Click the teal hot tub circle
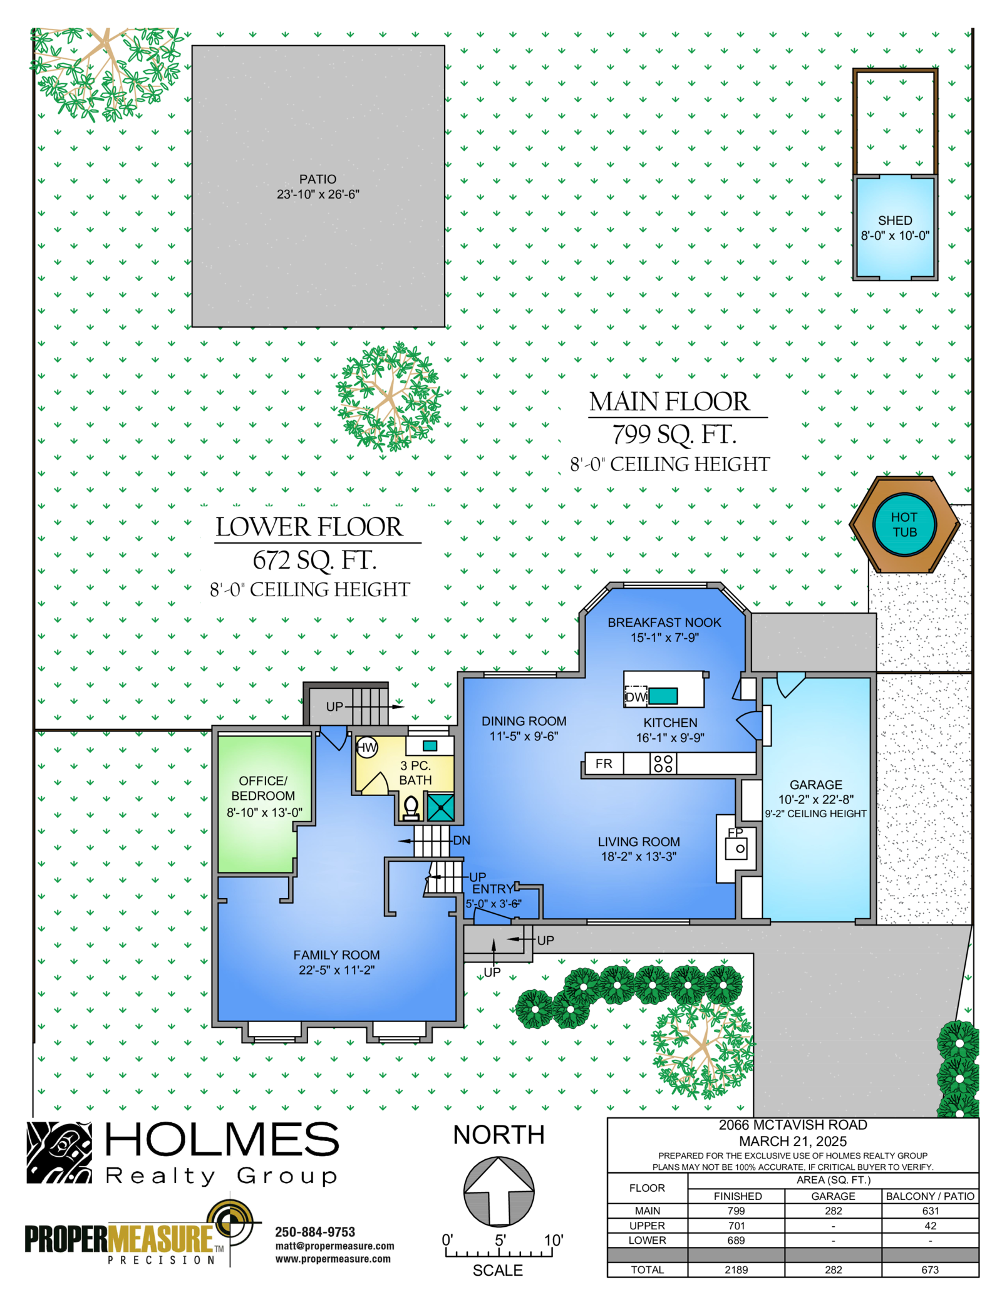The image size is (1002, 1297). tap(904, 524)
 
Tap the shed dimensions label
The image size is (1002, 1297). tap(895, 235)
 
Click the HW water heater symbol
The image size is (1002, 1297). tap(367, 747)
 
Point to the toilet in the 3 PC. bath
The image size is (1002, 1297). tap(411, 808)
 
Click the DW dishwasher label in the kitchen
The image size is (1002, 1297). tap(636, 697)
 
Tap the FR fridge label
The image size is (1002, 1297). tap(604, 763)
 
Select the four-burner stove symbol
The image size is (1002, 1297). tap(663, 763)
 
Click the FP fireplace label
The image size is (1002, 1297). tap(735, 832)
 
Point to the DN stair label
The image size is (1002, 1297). tap(462, 840)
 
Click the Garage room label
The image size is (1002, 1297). tap(815, 785)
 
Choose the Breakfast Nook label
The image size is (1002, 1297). tap(664, 623)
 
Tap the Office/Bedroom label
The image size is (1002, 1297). tap(263, 788)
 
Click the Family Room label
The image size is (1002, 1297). tap(336, 955)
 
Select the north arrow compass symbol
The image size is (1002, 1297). tap(498, 1192)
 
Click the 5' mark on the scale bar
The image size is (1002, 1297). tap(500, 1240)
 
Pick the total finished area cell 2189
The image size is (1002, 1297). tap(736, 1270)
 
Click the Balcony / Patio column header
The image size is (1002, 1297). tap(930, 1196)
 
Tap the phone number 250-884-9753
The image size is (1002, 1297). tap(315, 1232)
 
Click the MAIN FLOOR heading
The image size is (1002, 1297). tap(669, 402)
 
